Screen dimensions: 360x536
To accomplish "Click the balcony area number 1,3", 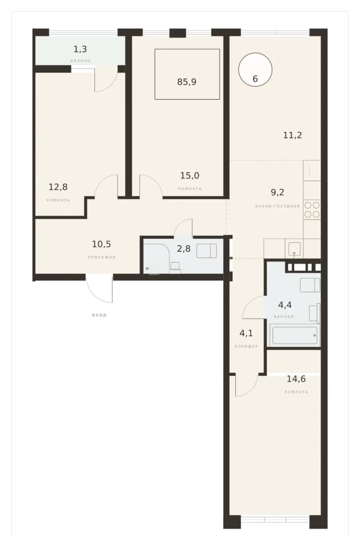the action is [80, 49].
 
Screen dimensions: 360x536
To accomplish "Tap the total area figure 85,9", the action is [187, 82].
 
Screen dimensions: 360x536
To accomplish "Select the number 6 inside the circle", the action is [255, 79].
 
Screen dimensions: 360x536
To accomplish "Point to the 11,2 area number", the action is [292, 135].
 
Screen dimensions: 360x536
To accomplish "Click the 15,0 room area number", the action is [190, 176].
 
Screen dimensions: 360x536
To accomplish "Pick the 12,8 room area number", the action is [58, 187].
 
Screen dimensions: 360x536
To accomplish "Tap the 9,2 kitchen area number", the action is [278, 192].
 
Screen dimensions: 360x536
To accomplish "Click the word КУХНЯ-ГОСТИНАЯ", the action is [278, 206].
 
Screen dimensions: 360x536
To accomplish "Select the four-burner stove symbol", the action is [312, 210].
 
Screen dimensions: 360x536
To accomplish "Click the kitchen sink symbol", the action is [294, 249].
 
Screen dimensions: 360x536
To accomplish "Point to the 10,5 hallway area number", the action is [101, 244].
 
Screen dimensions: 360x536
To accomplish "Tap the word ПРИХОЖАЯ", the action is [102, 257].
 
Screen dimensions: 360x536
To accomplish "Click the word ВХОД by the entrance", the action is [99, 315].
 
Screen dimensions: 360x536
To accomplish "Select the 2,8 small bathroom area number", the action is [184, 249].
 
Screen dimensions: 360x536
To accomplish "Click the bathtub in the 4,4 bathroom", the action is [294, 335].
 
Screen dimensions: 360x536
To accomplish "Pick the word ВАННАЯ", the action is [284, 317].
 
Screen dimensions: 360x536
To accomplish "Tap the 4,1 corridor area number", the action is [246, 333].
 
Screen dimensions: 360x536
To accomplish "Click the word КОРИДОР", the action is [246, 346].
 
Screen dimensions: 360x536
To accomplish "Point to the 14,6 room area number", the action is [296, 379].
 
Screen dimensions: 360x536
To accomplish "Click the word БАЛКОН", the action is [80, 61].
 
